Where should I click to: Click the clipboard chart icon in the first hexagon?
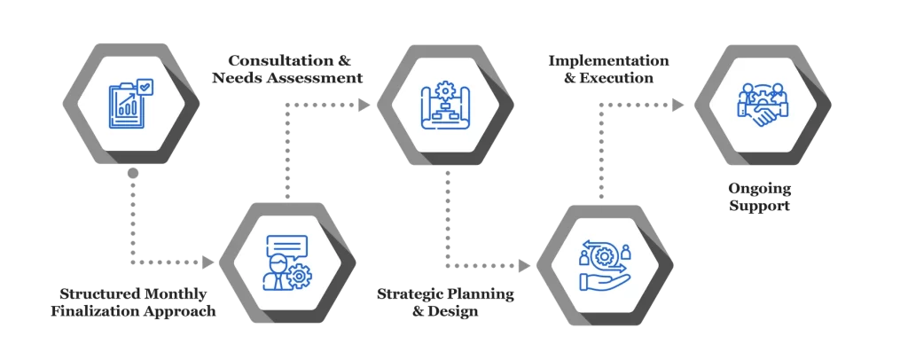129,104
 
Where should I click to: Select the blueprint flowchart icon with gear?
444,105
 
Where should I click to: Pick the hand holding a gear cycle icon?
603,263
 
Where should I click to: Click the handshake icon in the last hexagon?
761,104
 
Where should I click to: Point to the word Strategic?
414,294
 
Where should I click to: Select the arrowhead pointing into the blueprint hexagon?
364,105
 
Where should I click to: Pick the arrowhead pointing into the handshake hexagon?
678,105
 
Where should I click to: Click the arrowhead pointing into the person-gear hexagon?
209,262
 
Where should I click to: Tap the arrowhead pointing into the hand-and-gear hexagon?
525,263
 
